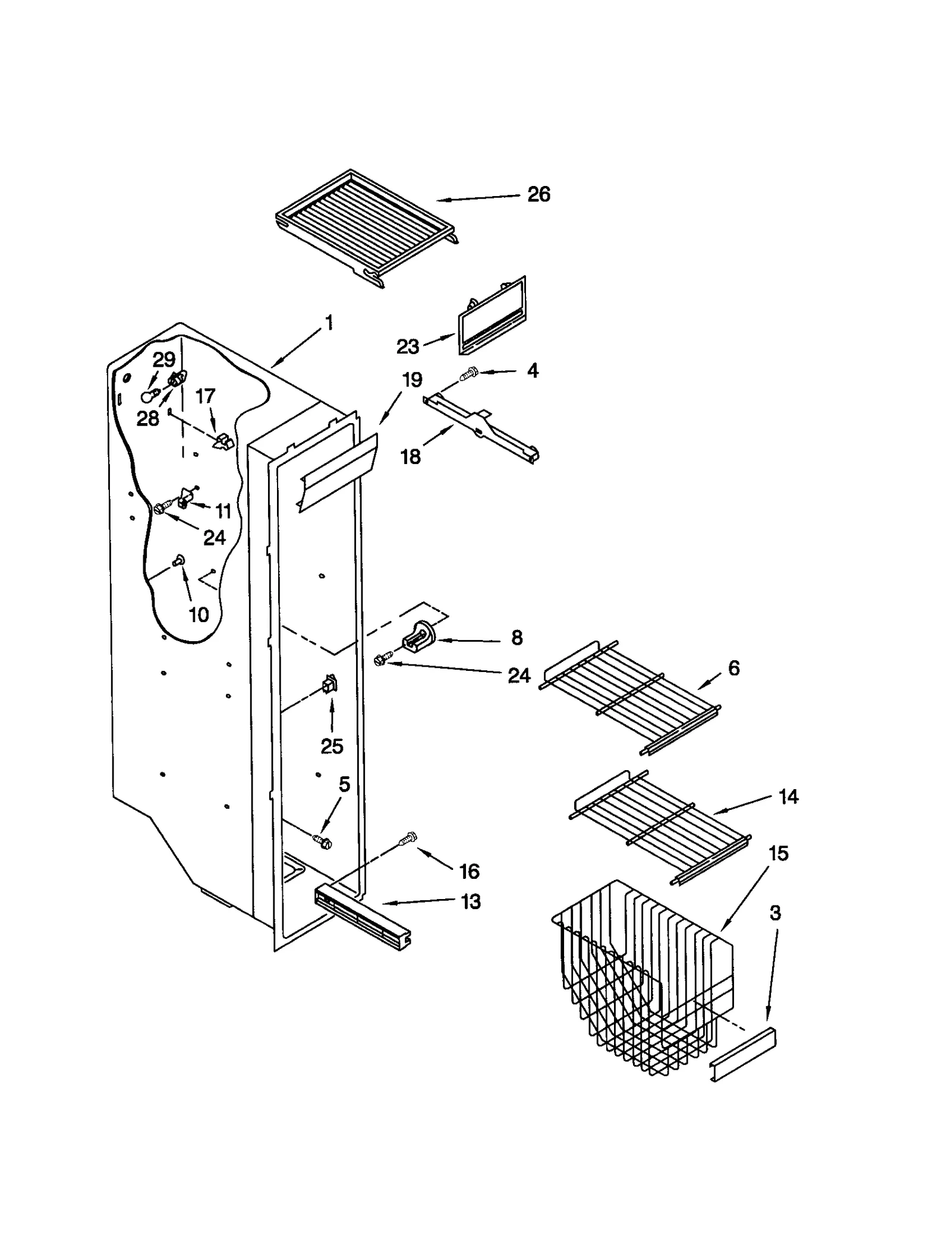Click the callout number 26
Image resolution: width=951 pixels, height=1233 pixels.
point(539,194)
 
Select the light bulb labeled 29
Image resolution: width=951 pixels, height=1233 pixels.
point(148,396)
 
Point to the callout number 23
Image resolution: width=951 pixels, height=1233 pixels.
point(408,346)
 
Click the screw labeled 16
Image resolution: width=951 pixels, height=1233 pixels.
point(408,839)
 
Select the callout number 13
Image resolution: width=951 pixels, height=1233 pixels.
point(470,901)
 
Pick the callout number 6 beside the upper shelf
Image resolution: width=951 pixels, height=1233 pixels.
point(733,668)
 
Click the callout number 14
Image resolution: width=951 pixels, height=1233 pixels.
point(788,796)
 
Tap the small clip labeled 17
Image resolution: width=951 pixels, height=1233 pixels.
point(223,441)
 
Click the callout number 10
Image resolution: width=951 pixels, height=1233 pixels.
point(199,614)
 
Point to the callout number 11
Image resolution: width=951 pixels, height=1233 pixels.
point(223,510)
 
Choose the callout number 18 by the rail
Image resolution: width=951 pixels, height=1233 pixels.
point(410,456)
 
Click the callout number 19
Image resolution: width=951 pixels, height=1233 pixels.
point(412,380)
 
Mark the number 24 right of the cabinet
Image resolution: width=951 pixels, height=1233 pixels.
point(518,676)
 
